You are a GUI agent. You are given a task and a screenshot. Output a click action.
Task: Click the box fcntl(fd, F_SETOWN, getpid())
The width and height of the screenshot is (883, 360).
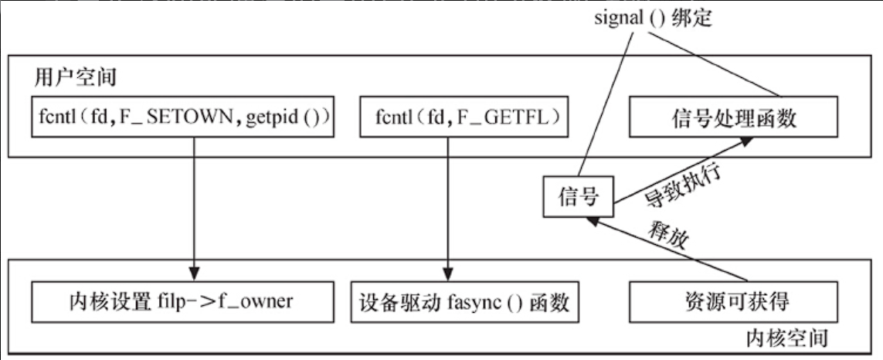coord(182,118)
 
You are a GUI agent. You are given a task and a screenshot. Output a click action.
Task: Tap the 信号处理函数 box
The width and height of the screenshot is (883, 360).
coord(734,118)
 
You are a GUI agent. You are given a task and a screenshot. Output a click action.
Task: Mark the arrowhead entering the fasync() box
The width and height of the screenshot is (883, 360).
coord(447,276)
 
